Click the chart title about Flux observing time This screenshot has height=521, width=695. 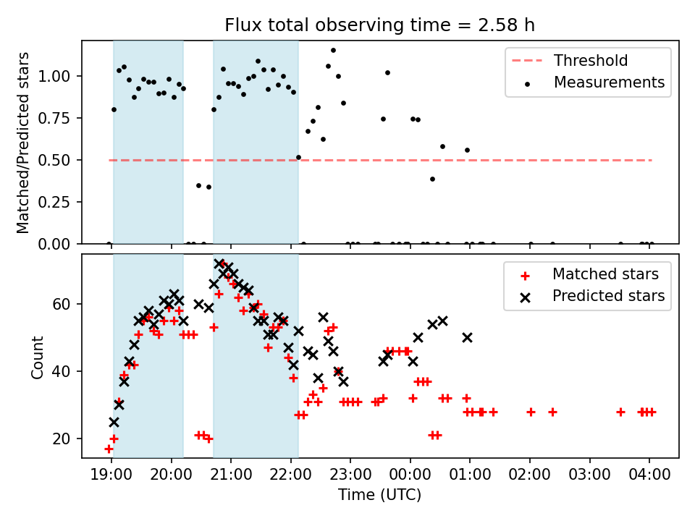click(379, 25)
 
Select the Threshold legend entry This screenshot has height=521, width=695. click(591, 61)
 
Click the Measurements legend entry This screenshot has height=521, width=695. click(609, 82)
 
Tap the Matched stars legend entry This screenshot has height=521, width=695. click(605, 274)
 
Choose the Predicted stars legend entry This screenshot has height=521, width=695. click(608, 296)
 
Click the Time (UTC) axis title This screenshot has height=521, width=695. click(379, 496)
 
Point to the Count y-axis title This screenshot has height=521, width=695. click(37, 357)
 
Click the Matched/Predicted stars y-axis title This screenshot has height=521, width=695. click(23, 143)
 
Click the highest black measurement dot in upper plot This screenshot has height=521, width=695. click(333, 51)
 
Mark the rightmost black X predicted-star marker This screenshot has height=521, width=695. click(467, 337)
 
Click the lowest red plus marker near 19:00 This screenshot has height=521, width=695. click(109, 449)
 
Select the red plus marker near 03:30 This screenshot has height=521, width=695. click(620, 412)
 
